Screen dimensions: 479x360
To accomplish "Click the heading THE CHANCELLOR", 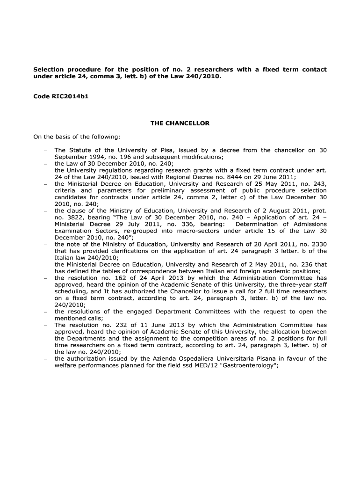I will [180, 123].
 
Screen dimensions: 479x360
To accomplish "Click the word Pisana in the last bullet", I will [254, 359].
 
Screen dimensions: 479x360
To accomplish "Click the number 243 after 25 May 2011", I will [319, 184].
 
